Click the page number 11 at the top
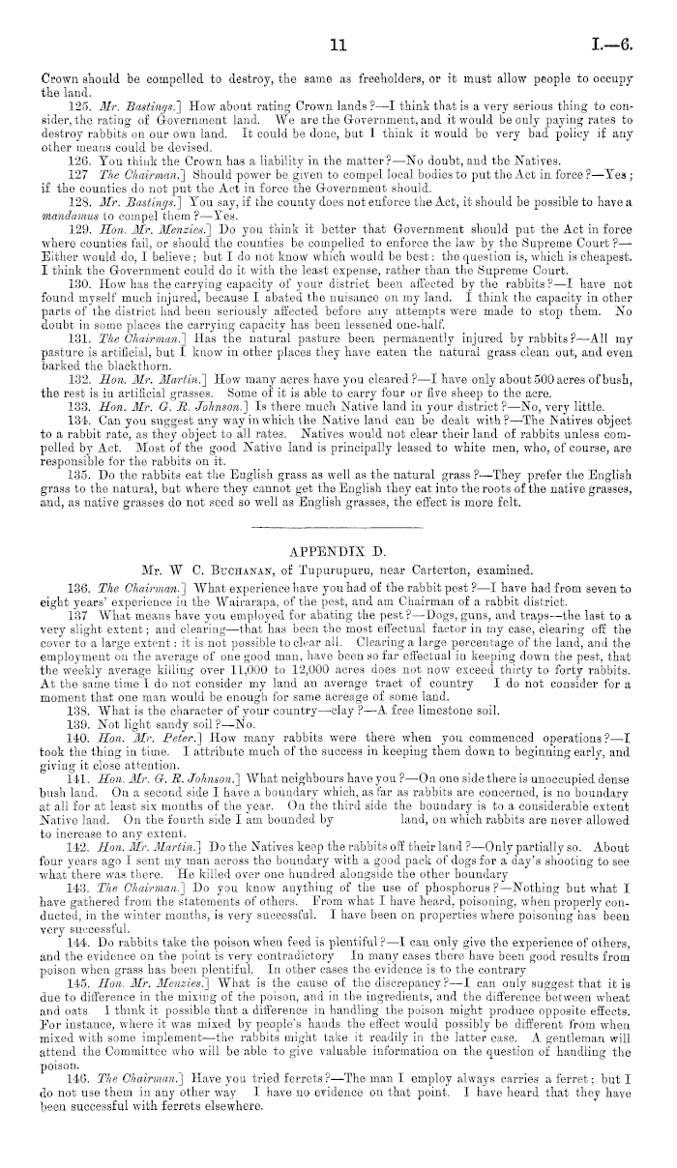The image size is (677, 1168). click(338, 17)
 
